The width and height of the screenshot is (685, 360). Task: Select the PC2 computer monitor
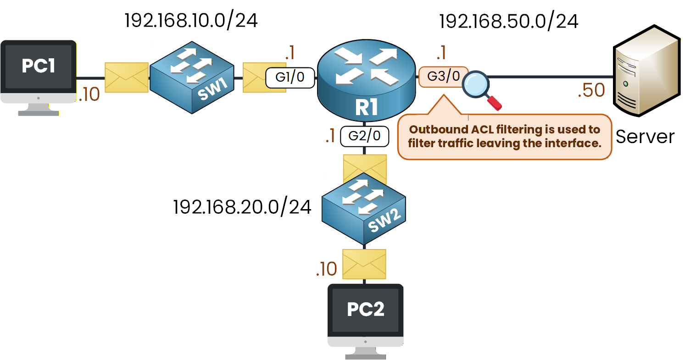click(365, 316)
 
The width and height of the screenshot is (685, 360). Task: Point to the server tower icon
click(647, 76)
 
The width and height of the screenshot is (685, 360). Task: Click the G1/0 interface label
click(290, 78)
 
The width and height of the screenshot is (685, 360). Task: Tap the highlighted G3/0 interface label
click(443, 77)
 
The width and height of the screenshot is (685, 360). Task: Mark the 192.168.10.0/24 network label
click(191, 21)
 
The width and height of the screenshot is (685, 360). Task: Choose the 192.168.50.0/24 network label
click(509, 22)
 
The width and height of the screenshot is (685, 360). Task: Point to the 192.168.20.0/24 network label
click(242, 207)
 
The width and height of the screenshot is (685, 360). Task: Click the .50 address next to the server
click(591, 91)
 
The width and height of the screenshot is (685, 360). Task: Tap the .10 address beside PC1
click(89, 94)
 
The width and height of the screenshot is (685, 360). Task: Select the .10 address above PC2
click(326, 269)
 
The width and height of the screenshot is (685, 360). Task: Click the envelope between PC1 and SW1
click(127, 78)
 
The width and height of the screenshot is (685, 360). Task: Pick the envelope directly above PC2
click(364, 264)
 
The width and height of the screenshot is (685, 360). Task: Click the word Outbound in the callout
click(436, 130)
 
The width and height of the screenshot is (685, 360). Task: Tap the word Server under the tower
click(645, 137)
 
